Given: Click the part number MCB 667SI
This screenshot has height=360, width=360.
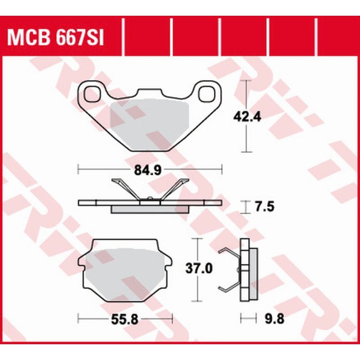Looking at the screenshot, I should click(56, 38).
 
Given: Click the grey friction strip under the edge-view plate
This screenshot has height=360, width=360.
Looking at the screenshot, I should click(150, 210).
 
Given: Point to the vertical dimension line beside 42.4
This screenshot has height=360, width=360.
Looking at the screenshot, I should click(246, 135).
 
